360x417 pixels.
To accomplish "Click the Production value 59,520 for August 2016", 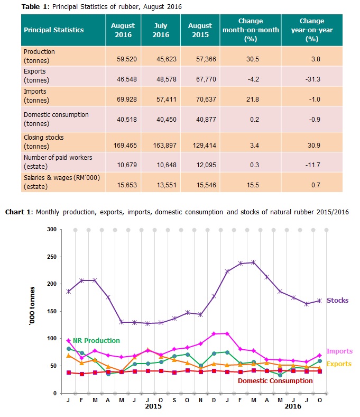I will click(x=123, y=60).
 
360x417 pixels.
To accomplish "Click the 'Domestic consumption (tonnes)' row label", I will click(x=57, y=119).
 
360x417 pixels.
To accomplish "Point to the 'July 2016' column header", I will click(x=161, y=30).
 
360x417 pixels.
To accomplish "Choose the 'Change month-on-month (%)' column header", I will click(x=251, y=30).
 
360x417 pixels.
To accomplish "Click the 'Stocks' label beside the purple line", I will click(x=337, y=301).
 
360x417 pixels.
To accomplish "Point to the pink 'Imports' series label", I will click(x=339, y=351).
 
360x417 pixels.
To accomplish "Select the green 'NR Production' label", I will click(x=96, y=340).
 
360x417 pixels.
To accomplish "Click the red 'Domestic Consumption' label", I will click(x=275, y=381).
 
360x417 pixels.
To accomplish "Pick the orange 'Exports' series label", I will click(x=338, y=364).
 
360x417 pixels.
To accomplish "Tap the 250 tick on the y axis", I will click(x=51, y=257).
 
